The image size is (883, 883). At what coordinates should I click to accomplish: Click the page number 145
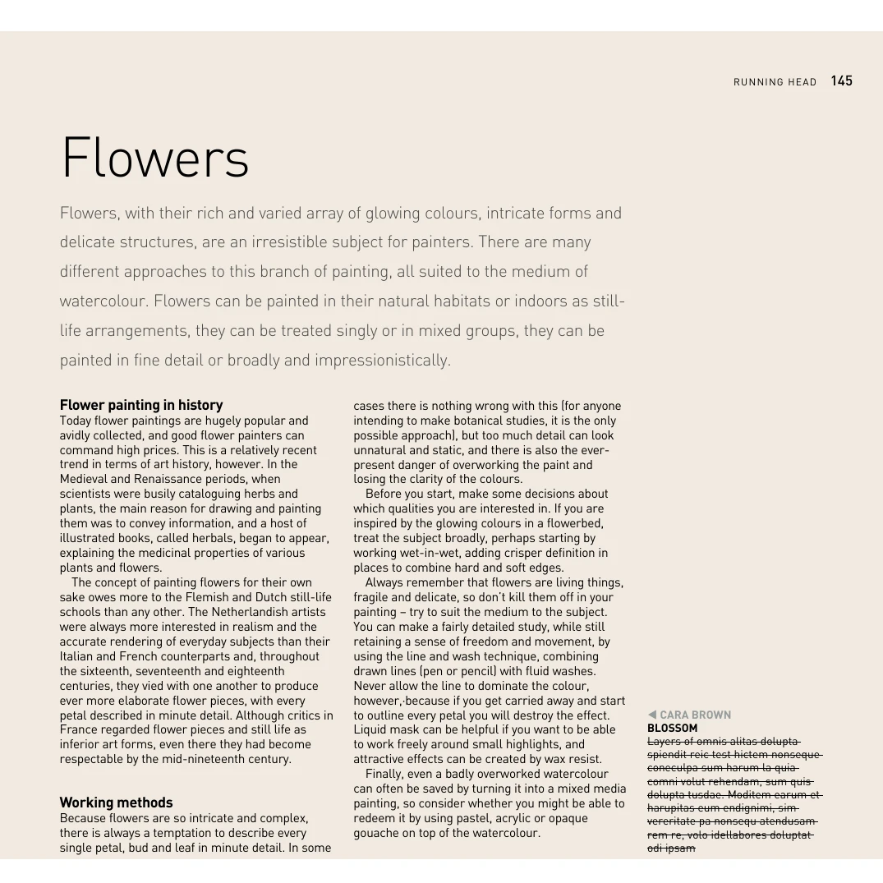(841, 80)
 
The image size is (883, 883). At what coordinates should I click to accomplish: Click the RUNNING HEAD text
(775, 82)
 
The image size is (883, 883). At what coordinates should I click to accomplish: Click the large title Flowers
(155, 158)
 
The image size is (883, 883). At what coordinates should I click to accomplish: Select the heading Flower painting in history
(141, 405)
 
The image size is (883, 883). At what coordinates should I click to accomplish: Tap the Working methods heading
(116, 803)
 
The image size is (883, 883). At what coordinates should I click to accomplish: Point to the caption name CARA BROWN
(695, 715)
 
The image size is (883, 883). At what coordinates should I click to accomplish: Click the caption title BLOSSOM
(672, 728)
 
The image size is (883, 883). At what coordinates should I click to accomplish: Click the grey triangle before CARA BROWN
(652, 715)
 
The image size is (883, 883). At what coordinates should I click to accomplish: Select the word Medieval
(84, 479)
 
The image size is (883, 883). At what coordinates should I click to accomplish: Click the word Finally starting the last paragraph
(385, 774)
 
